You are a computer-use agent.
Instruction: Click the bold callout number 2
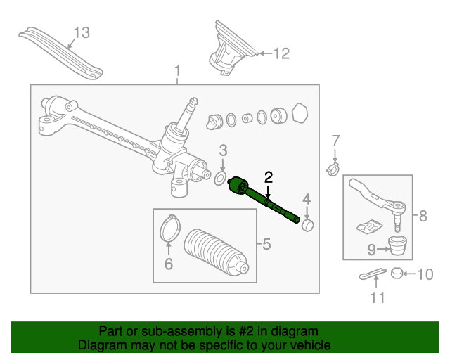click(269, 177)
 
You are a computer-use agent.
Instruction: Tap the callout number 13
click(82, 33)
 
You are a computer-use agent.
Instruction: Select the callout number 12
click(281, 53)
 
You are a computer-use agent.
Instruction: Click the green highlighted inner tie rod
click(264, 200)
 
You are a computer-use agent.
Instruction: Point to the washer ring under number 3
click(220, 179)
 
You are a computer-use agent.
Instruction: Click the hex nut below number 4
click(308, 225)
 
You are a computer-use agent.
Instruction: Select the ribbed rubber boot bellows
click(216, 252)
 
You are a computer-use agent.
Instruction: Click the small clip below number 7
click(333, 169)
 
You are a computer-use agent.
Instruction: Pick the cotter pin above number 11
click(373, 274)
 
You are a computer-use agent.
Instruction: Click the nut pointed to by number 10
click(397, 273)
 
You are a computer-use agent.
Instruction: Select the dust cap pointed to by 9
click(397, 245)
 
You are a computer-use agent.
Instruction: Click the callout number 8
click(423, 216)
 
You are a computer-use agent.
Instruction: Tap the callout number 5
click(266, 244)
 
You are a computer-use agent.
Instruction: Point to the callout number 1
click(178, 70)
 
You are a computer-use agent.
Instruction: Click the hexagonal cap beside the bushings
click(300, 112)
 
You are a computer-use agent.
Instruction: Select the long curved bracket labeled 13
click(60, 53)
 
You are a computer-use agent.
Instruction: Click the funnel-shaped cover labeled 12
click(232, 48)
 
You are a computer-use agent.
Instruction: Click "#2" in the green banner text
click(246, 331)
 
